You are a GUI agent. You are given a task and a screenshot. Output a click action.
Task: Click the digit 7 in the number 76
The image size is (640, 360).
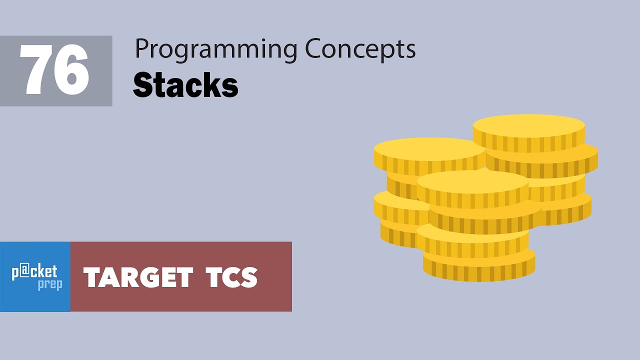point(37,71)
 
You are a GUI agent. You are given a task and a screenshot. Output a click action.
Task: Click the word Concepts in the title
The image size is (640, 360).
point(360,50)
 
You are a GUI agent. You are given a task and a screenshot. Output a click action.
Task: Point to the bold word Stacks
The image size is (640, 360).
point(185,85)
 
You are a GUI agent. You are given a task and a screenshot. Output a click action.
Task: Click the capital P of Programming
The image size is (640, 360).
point(141,49)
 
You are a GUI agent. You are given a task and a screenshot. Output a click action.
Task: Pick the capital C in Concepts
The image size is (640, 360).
point(313,49)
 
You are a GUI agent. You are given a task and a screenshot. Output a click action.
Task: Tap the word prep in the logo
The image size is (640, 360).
point(50,285)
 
